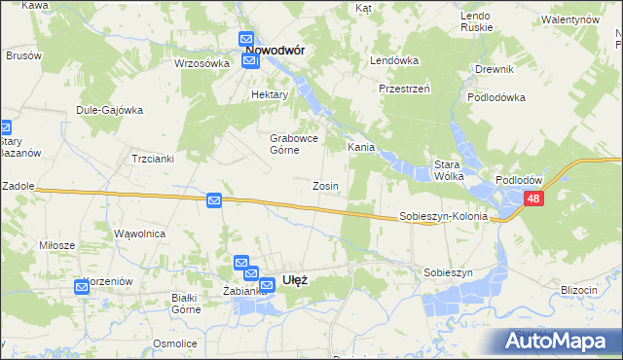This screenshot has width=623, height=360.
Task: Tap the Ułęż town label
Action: (x=295, y=279)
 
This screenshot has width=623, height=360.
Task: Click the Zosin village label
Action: (x=325, y=185)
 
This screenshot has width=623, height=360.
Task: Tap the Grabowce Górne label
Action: (x=290, y=144)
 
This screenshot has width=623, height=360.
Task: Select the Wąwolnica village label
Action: (x=140, y=234)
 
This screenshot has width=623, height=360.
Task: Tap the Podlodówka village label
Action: (x=496, y=97)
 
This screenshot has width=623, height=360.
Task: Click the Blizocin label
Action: (x=578, y=289)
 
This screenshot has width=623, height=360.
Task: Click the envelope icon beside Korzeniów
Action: (x=82, y=286)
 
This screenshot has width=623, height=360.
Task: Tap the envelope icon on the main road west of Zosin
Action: (x=215, y=200)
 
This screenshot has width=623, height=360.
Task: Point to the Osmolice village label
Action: (x=175, y=343)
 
